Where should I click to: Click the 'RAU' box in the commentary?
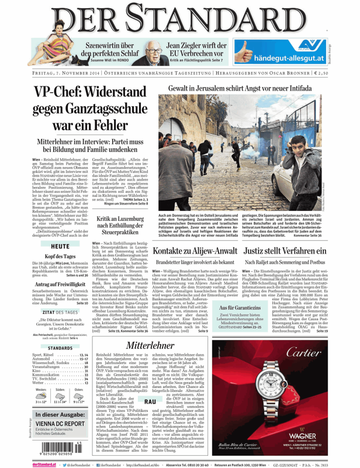150,402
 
